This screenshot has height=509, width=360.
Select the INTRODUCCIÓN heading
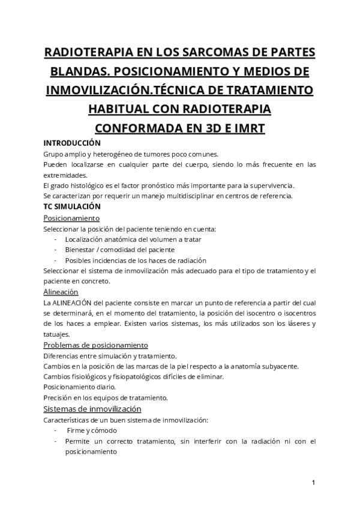coord(72,143)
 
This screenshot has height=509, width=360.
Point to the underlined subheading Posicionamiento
coord(71,217)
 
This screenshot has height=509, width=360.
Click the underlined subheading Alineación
coord(61,292)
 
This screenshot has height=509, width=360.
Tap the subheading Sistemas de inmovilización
coord(92,409)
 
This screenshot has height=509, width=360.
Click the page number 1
coord(314,483)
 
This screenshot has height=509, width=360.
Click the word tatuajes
coord(57,334)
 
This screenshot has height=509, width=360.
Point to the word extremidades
coord(66,175)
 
